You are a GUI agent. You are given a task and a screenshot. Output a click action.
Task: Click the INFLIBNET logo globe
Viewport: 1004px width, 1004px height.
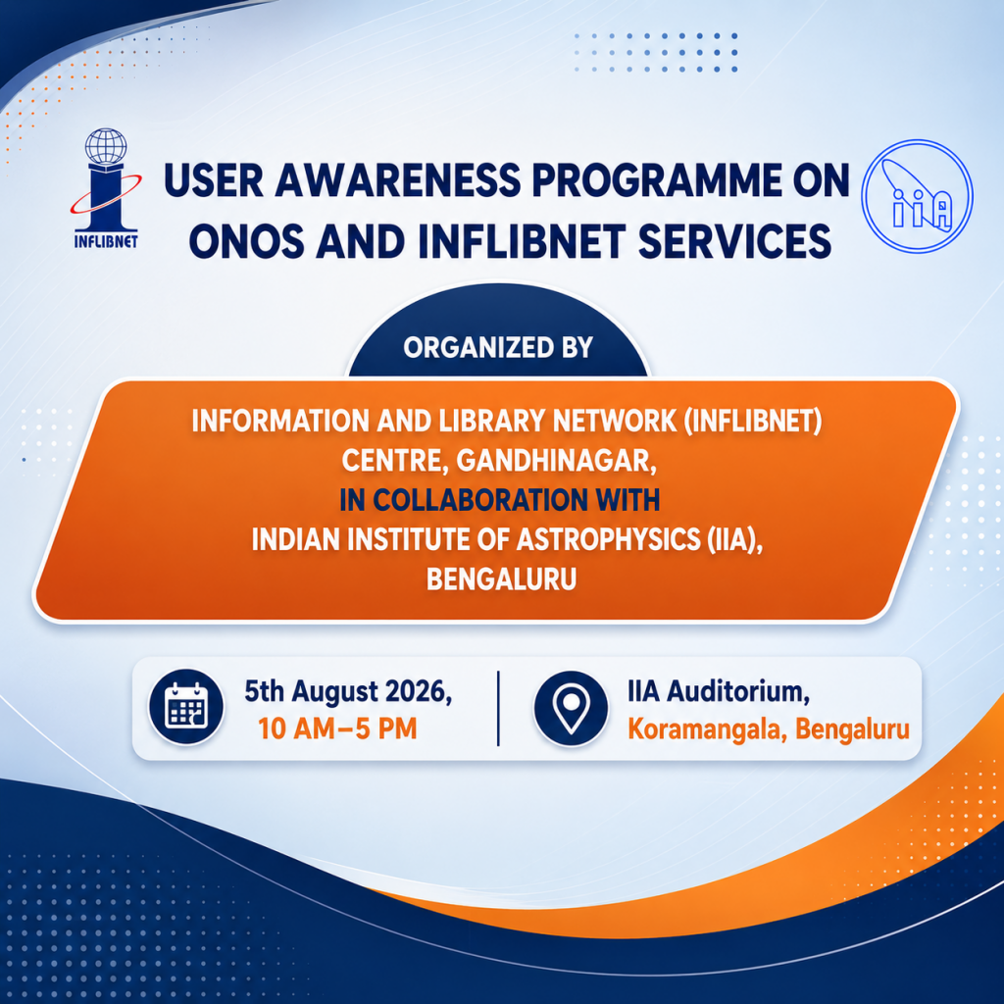click(x=106, y=146)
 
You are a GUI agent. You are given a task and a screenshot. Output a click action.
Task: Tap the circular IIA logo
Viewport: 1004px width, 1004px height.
click(x=917, y=196)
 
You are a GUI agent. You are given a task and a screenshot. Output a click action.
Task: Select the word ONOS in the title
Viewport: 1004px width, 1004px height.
click(x=246, y=241)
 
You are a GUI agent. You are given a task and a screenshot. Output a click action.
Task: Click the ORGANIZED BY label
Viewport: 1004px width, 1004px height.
click(x=498, y=347)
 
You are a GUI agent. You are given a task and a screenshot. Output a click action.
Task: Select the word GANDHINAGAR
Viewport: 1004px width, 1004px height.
click(x=557, y=461)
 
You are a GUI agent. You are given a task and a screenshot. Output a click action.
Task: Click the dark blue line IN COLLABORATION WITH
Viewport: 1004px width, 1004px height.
click(x=499, y=500)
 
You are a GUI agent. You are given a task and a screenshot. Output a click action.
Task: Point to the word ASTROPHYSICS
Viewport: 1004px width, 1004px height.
click(x=608, y=540)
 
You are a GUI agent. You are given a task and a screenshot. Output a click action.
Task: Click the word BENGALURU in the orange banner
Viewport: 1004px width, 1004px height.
click(x=501, y=579)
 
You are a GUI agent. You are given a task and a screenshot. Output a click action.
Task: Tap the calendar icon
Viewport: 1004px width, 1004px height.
click(x=186, y=707)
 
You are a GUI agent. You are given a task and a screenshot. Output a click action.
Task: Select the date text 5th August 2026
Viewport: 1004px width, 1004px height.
click(x=348, y=691)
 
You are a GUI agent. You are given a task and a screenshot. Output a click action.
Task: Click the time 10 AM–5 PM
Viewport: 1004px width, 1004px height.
click(x=337, y=728)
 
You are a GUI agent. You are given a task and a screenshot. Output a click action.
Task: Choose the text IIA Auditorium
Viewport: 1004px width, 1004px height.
click(x=719, y=691)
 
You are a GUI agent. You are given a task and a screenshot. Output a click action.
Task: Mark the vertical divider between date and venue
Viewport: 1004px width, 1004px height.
click(x=498, y=708)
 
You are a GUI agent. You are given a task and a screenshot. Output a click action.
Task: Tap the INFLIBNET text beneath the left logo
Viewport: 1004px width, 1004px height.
click(x=106, y=241)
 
